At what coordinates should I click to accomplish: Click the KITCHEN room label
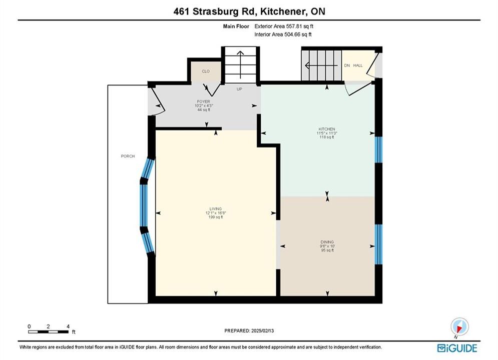[327, 129]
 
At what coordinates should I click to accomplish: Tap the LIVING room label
[215, 208]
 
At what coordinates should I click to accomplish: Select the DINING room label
[327, 241]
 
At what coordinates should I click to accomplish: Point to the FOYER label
[204, 101]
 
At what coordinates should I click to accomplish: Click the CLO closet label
[206, 71]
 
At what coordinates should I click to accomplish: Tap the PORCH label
[128, 156]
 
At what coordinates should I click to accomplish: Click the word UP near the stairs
[239, 89]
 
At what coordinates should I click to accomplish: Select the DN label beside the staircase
[347, 65]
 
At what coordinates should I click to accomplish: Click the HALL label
[358, 65]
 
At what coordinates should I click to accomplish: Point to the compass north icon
[459, 326]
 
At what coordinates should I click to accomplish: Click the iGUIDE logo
[457, 348]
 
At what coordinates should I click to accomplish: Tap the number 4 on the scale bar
[68, 326]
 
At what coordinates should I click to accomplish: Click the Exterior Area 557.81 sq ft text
[284, 26]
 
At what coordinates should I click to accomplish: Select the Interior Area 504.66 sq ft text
[283, 34]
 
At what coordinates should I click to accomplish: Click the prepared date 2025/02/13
[262, 330]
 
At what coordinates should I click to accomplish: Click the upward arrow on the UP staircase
[240, 64]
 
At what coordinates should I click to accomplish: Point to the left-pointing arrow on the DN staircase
[321, 65]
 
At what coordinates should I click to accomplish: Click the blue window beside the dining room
[378, 244]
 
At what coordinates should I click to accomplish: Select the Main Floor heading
[236, 26]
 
